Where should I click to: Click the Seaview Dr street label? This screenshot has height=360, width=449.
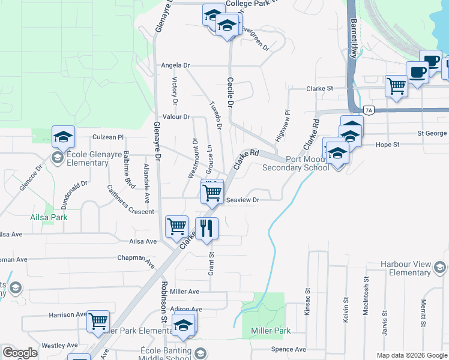pos(243,200)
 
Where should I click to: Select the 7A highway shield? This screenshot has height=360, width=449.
pos(369,110)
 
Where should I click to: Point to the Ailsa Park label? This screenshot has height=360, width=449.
pos(49,217)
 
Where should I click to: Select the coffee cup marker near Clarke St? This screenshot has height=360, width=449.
pos(418,72)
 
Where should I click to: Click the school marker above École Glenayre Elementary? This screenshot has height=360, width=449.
pos(63,137)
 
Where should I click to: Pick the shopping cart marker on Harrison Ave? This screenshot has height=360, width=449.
pos(98,321)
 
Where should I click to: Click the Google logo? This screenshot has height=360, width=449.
pos(20,353)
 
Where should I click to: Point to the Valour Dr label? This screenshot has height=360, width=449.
pos(176,116)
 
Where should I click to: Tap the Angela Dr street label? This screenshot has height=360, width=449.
pos(175,65)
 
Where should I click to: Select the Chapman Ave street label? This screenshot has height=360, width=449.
pos(140,259)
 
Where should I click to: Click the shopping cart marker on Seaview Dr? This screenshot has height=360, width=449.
pos(212,193)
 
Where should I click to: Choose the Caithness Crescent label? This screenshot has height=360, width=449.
pos(130,199)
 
